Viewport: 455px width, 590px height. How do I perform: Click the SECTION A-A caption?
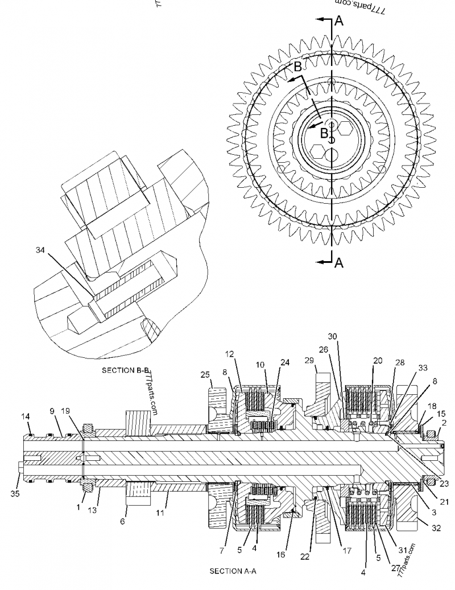point(233,571)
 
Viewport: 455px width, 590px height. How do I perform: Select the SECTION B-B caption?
point(125,370)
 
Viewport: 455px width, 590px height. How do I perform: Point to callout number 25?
point(206,374)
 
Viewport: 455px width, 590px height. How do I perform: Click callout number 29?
point(309,361)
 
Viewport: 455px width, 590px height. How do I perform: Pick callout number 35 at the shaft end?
point(15,494)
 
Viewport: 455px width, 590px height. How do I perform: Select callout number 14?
point(26,416)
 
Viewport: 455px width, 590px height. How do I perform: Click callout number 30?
point(332,336)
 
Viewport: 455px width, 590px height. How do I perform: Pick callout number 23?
point(444,484)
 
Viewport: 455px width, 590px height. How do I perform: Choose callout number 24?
point(284,362)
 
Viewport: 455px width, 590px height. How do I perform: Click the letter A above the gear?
point(338,21)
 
